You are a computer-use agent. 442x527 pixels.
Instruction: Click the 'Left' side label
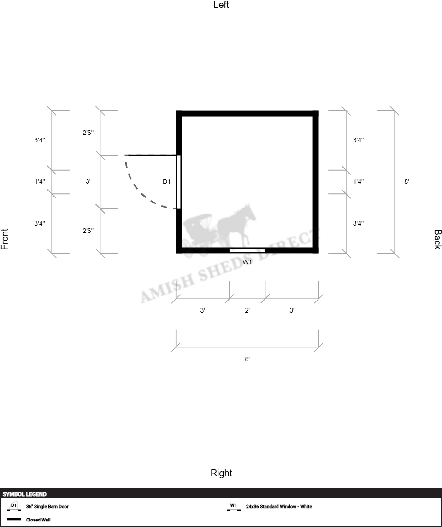point(221,5)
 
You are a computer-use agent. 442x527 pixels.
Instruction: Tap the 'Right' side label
point(221,473)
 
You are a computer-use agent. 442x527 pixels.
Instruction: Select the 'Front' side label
point(5,239)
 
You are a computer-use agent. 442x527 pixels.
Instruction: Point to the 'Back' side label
point(437,239)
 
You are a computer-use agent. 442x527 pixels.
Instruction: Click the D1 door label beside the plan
point(166,181)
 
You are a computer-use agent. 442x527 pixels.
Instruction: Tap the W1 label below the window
point(247,262)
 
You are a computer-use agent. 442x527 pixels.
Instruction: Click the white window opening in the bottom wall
point(247,250)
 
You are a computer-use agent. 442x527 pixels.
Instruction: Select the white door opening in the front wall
point(179,182)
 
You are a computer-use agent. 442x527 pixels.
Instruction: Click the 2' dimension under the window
point(247,310)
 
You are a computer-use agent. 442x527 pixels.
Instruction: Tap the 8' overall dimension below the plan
point(247,359)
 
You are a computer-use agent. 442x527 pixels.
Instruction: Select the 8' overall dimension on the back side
point(407,181)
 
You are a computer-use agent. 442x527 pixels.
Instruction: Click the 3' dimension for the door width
point(88,181)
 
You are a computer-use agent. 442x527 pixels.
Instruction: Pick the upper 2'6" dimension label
point(88,133)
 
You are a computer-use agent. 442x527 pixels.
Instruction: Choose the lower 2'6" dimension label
point(88,231)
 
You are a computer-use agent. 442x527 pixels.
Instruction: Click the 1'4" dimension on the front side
point(39,181)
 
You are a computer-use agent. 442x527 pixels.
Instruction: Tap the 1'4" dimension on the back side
point(358,181)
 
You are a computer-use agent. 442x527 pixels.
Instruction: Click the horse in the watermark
point(236,224)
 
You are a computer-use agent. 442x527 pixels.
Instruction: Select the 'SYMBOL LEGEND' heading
point(24,494)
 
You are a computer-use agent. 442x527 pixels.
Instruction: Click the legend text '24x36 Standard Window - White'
point(279,506)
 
